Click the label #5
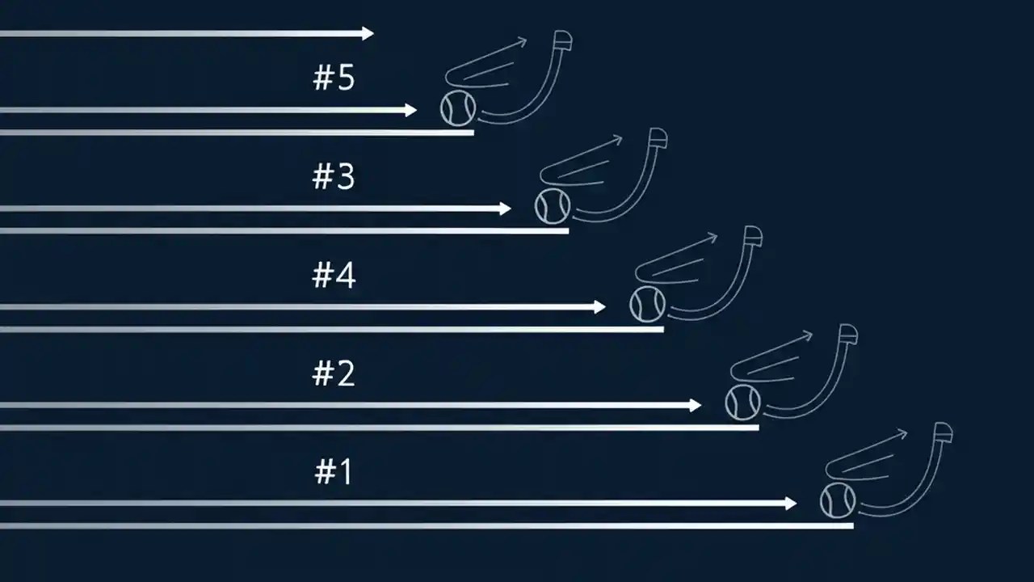click(x=334, y=78)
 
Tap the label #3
click(x=334, y=177)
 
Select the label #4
click(x=334, y=276)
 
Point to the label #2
click(x=334, y=374)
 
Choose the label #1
click(x=334, y=473)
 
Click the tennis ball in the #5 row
click(x=458, y=108)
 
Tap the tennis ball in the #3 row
click(x=553, y=206)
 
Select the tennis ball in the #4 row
click(x=648, y=305)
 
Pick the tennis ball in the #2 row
click(x=743, y=403)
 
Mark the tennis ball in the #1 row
click(x=838, y=500)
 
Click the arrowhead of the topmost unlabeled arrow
click(x=368, y=33)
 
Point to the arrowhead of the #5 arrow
click(x=411, y=110)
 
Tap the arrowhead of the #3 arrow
click(x=506, y=209)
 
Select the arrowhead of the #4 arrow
click(x=600, y=307)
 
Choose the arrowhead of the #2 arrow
click(x=696, y=405)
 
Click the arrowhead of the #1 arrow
click(x=791, y=504)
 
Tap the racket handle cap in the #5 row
click(x=564, y=40)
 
